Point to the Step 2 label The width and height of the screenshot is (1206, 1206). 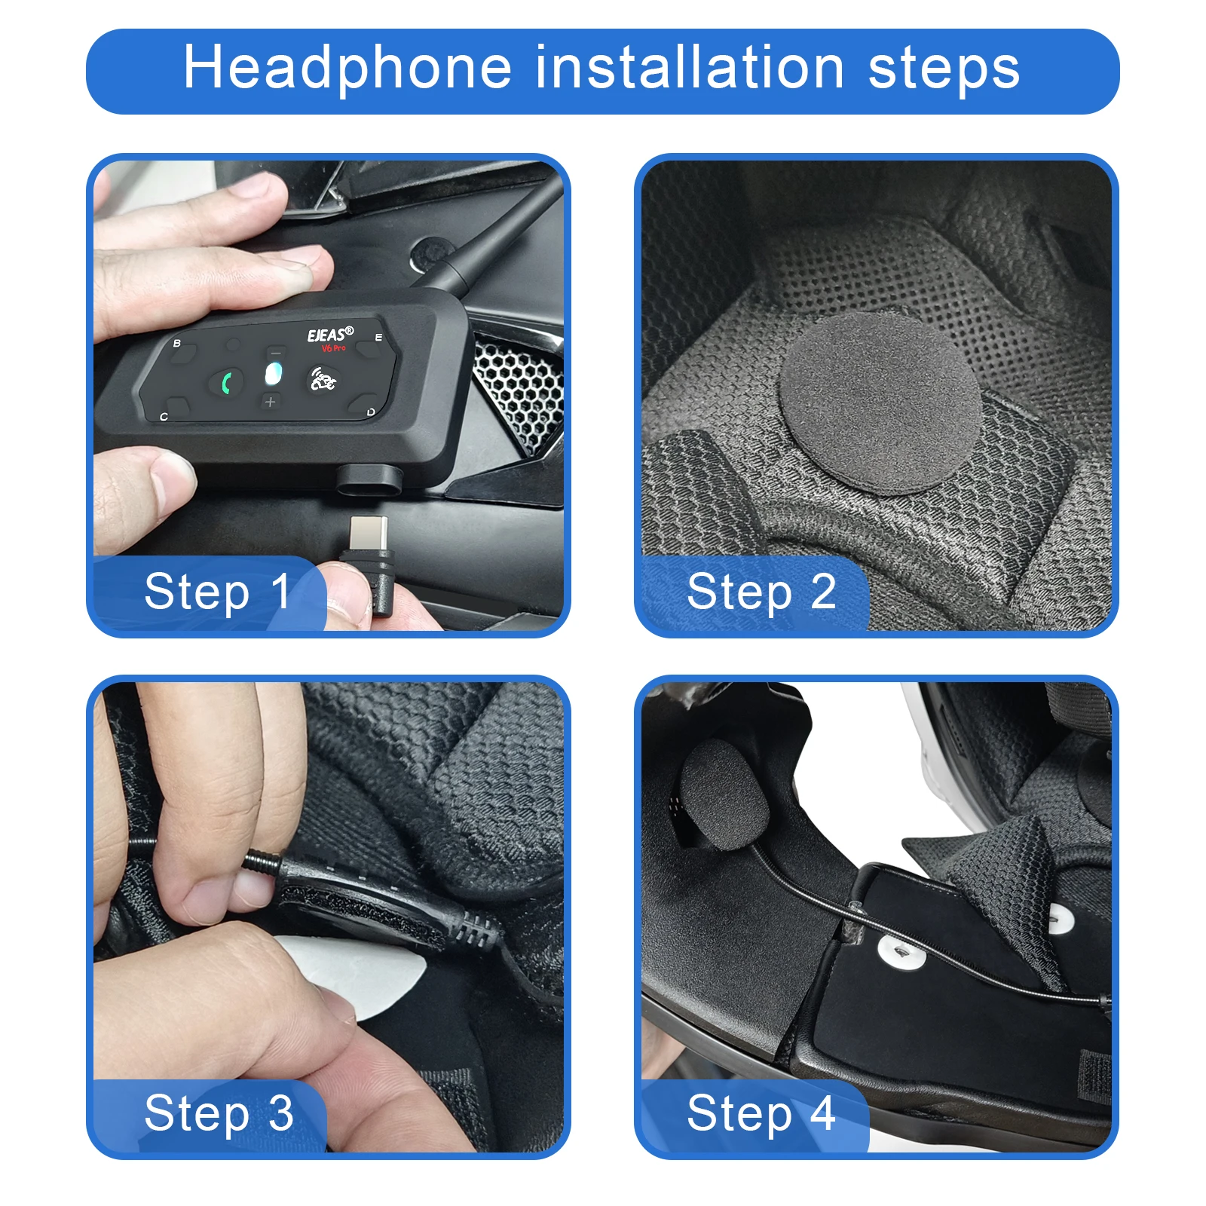[761, 592]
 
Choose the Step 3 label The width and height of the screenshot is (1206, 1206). [219, 1113]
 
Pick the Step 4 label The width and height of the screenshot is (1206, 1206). [761, 1113]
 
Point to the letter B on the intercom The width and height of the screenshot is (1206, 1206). [177, 344]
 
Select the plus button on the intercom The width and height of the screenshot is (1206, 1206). [271, 402]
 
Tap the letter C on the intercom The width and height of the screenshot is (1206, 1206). [164, 416]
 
